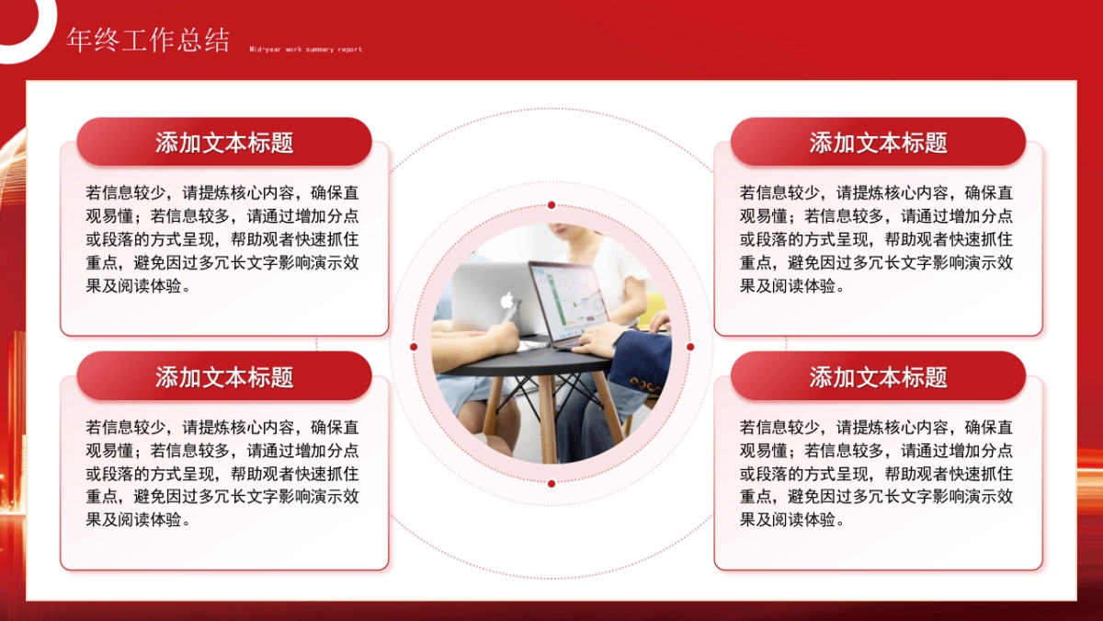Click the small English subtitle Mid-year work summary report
(305, 50)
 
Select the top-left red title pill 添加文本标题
(224, 143)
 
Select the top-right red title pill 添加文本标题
(878, 143)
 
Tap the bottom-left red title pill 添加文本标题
(224, 377)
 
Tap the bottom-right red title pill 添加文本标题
(878, 377)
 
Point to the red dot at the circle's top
(551, 205)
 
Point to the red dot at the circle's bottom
(551, 483)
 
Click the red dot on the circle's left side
(414, 347)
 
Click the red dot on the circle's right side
(690, 347)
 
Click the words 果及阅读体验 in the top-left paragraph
(138, 285)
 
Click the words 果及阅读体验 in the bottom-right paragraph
(791, 520)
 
